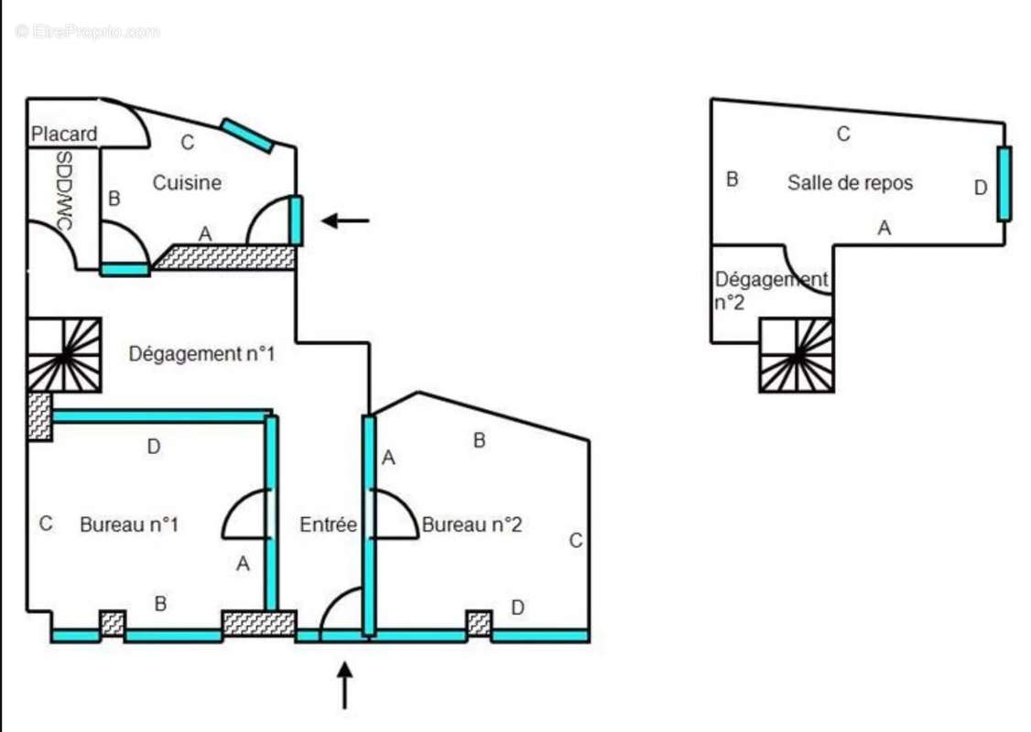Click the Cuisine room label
[x=187, y=183]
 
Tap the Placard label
[x=63, y=135]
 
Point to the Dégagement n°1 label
[x=201, y=353]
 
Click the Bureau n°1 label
[x=128, y=525]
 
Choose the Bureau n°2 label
[x=472, y=525]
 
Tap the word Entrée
[x=328, y=525]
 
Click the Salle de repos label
[x=850, y=183]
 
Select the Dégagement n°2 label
[x=770, y=290]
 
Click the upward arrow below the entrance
[x=344, y=686]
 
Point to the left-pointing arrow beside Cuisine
[x=345, y=220]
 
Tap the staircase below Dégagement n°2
[x=796, y=355]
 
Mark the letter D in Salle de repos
[x=981, y=188]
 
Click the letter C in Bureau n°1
[x=45, y=524]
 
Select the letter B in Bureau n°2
[x=479, y=441]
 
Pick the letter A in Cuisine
[x=205, y=235]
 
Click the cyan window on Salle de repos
[x=1004, y=184]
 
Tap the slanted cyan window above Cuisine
[x=247, y=135]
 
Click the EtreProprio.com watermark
[x=87, y=32]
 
